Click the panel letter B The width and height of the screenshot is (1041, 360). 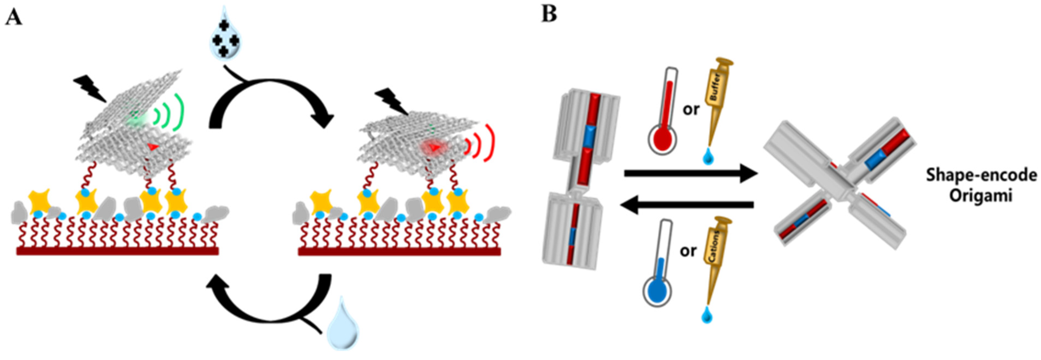[x=549, y=15]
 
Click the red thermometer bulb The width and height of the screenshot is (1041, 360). [x=661, y=139]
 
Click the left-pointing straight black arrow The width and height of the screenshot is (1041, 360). [x=687, y=205]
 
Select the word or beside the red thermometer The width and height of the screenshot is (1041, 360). [x=691, y=109]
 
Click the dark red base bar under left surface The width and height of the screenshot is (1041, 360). [x=117, y=251]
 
